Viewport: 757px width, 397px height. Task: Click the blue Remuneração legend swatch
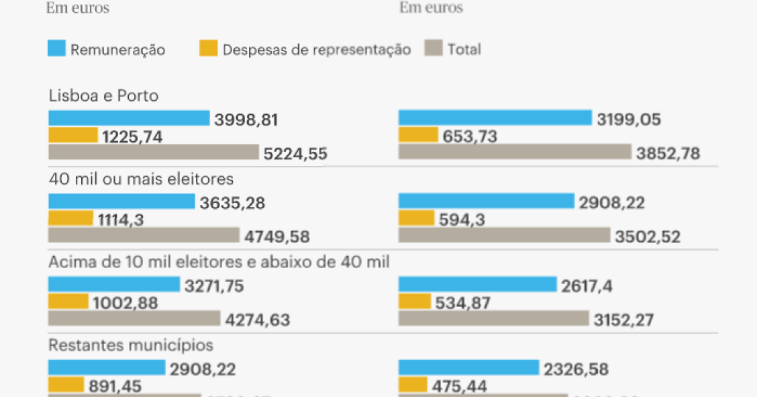tap(56, 48)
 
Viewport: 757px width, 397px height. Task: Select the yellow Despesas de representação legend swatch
tap(209, 48)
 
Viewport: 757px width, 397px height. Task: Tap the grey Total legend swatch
tap(434, 48)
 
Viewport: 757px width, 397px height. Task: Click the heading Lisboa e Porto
tap(103, 96)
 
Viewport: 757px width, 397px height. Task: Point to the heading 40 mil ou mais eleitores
tap(141, 179)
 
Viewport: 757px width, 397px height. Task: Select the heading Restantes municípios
tap(131, 345)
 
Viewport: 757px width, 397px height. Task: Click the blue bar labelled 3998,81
tap(129, 118)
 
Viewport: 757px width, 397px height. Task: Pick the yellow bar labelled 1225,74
tap(73, 135)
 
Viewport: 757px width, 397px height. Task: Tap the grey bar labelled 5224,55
tap(153, 152)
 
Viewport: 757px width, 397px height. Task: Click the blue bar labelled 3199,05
tap(495, 118)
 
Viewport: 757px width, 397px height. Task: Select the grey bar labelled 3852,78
tap(515, 152)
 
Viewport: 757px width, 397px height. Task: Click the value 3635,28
tap(232, 203)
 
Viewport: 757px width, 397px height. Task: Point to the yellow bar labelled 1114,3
tap(70, 218)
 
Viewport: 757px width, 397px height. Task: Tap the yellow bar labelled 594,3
tap(416, 218)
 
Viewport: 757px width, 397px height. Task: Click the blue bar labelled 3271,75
tap(114, 284)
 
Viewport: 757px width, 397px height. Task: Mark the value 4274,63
tap(258, 320)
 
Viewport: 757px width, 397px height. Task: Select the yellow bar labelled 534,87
tap(414, 302)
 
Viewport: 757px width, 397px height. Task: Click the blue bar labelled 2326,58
tap(468, 367)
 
